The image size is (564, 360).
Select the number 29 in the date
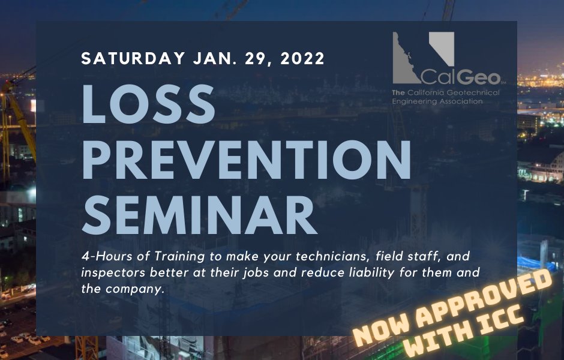(x=249, y=59)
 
